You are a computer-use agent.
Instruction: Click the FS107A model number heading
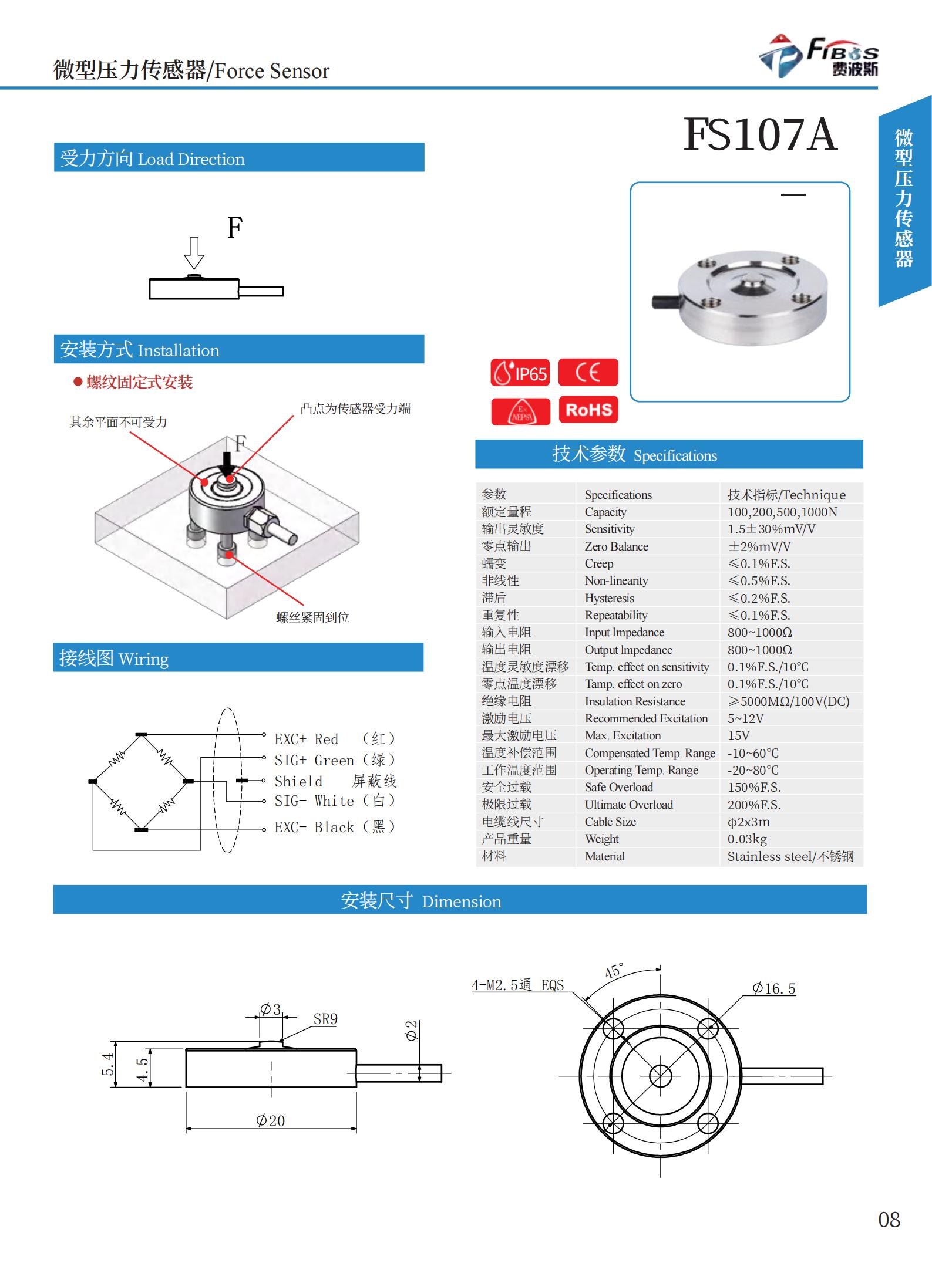click(x=760, y=136)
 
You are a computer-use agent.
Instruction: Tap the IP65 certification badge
click(x=520, y=373)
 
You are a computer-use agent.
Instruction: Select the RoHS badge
click(x=588, y=410)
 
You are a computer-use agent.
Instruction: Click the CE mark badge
click(x=588, y=373)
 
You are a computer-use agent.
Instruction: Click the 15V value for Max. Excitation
click(x=738, y=735)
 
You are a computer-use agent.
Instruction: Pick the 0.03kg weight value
click(x=747, y=839)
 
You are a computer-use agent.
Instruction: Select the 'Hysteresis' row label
click(x=609, y=598)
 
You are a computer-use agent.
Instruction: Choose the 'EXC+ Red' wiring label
click(x=306, y=739)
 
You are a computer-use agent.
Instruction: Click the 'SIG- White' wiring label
click(x=314, y=801)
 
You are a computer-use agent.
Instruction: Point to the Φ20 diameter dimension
click(x=271, y=1120)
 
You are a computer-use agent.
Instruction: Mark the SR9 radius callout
click(x=325, y=1019)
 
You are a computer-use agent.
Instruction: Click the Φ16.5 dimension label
click(x=774, y=988)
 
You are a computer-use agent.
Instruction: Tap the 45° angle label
click(x=614, y=971)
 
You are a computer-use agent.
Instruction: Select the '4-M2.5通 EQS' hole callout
click(x=517, y=985)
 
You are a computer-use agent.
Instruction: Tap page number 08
click(x=889, y=1220)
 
